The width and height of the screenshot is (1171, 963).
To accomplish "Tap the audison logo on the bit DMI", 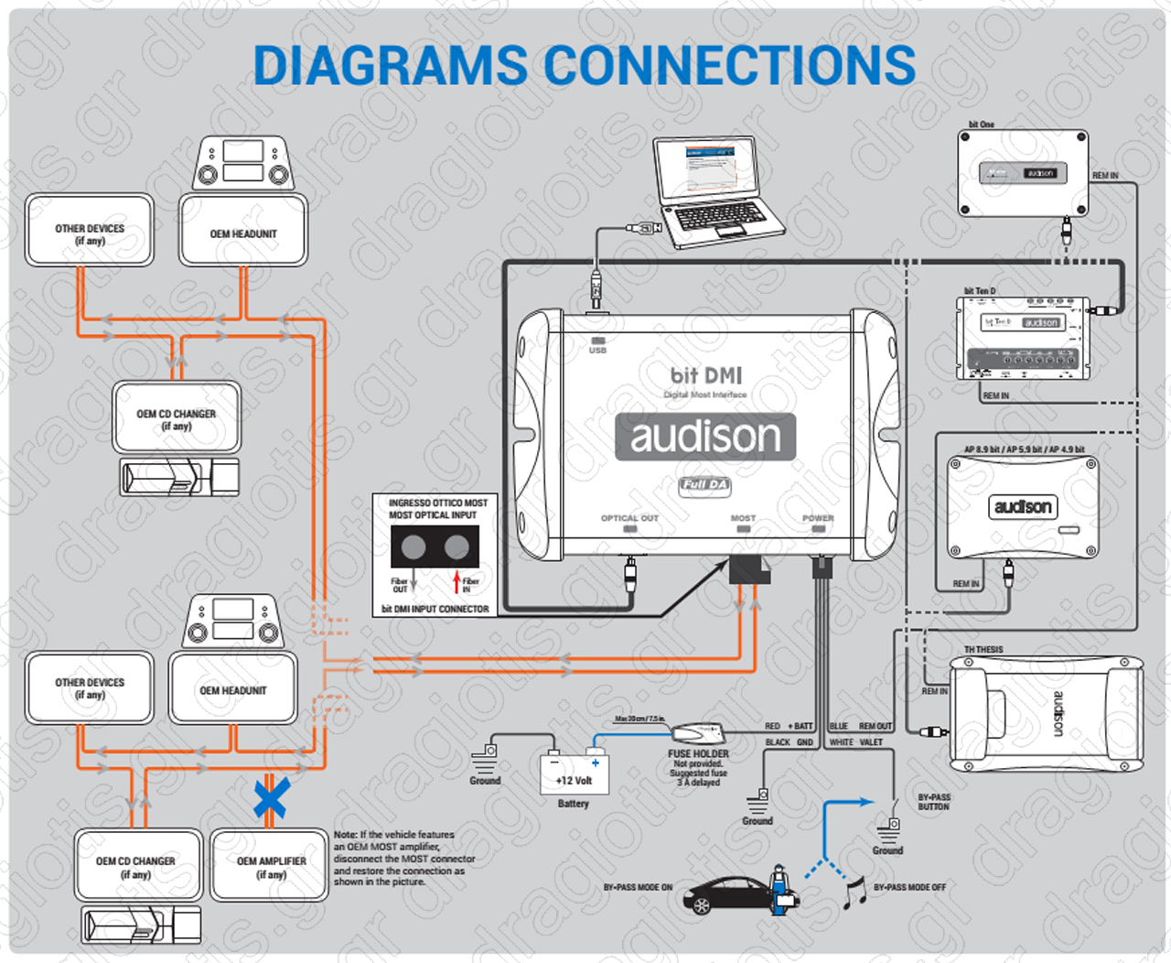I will (x=705, y=437).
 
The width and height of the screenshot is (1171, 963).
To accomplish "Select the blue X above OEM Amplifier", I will (x=271, y=797).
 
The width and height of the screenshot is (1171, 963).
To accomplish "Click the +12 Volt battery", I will (x=575, y=774).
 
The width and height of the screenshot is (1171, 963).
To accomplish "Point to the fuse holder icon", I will (x=698, y=732).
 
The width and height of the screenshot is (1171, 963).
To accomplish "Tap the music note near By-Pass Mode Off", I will (x=854, y=893).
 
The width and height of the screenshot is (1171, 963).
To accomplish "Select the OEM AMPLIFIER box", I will (x=271, y=866).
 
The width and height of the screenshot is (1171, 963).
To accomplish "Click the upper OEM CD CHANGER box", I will (x=177, y=418).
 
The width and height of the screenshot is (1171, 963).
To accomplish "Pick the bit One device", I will (x=1023, y=173).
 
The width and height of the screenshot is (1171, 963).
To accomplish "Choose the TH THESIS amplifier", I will (x=1046, y=714).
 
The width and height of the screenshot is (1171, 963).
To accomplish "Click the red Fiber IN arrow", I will (x=457, y=580).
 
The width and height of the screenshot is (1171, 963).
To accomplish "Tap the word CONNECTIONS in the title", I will (x=730, y=66).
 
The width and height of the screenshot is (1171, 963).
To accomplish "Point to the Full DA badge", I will (x=705, y=484).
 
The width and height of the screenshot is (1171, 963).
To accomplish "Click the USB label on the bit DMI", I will (x=597, y=350).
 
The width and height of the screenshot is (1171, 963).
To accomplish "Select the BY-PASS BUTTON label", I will (x=934, y=802).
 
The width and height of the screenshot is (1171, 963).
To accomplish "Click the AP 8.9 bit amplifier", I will (x=1023, y=506).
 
